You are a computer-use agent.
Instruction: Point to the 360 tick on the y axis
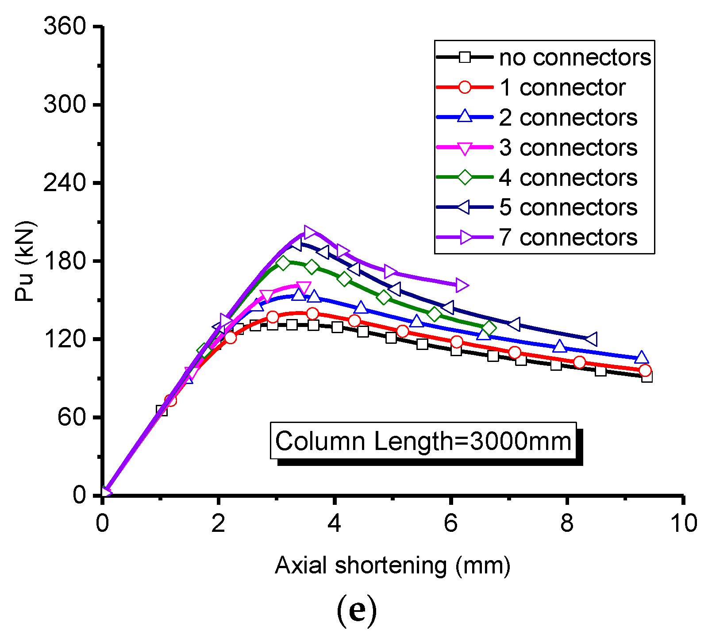pyautogui.click(x=65, y=27)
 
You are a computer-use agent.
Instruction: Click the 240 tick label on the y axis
pyautogui.click(x=65, y=183)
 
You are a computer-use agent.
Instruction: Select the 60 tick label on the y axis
pyautogui.click(x=71, y=417)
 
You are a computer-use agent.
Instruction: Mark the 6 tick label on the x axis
pyautogui.click(x=450, y=523)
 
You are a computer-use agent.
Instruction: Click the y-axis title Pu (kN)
pyautogui.click(x=25, y=261)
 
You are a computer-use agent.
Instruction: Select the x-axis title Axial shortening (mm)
pyautogui.click(x=393, y=565)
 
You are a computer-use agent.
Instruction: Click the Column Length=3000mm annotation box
pyautogui.click(x=423, y=441)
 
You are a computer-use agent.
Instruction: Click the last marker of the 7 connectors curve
pyautogui.click(x=462, y=285)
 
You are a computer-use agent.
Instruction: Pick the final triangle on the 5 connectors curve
pyautogui.click(x=591, y=339)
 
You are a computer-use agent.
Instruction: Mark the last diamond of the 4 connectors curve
pyautogui.click(x=489, y=328)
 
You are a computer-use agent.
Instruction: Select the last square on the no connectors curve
pyautogui.click(x=647, y=377)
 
